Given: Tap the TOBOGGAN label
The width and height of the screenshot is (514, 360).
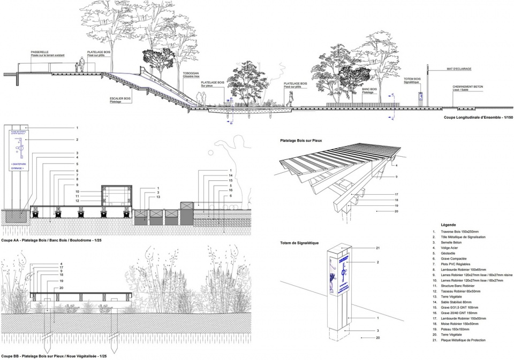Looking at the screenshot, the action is pyautogui.click(x=191, y=73).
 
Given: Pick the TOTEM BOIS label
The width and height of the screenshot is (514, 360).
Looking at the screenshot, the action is pyautogui.click(x=412, y=79).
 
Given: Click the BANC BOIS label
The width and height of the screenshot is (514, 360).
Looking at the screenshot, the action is pyautogui.click(x=370, y=89).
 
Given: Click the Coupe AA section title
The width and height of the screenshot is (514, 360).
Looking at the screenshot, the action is pyautogui.click(x=51, y=241).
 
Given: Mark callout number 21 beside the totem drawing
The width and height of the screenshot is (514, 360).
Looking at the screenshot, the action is pyautogui.click(x=377, y=248).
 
